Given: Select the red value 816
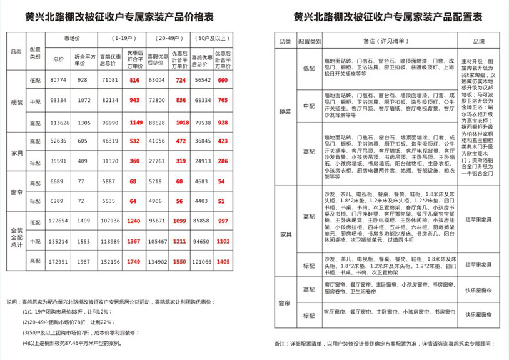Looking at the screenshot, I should (134, 81).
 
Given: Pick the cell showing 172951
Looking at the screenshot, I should (58, 262).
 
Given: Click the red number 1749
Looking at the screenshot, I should (134, 262).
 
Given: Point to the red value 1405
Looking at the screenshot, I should (223, 262).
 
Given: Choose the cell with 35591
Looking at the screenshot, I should (58, 161).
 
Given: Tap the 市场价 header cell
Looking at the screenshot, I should (71, 39).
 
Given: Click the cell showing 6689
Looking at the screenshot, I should (58, 181).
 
